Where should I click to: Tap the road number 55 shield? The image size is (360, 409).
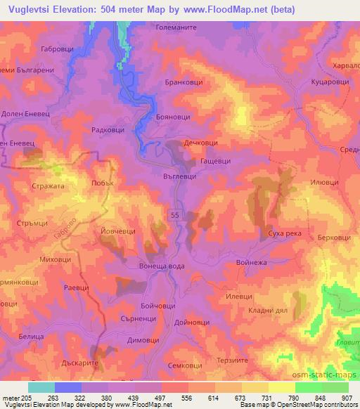174,214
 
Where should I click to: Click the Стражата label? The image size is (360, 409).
48,187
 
